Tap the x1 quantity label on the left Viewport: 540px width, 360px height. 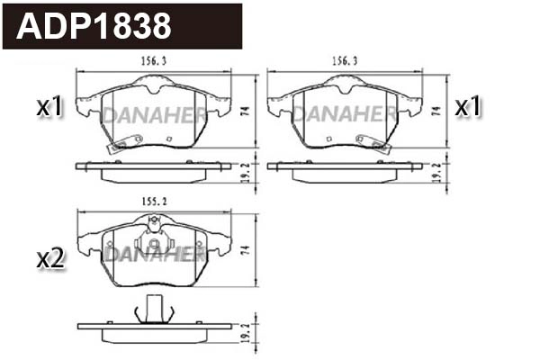point(49,108)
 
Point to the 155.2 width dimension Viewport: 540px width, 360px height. point(155,202)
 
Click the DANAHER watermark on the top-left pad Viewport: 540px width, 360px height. point(153,115)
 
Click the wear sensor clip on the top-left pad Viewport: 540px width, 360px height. point(116,144)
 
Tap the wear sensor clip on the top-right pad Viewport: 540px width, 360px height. point(371,143)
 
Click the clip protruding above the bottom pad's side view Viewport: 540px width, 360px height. point(152,309)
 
